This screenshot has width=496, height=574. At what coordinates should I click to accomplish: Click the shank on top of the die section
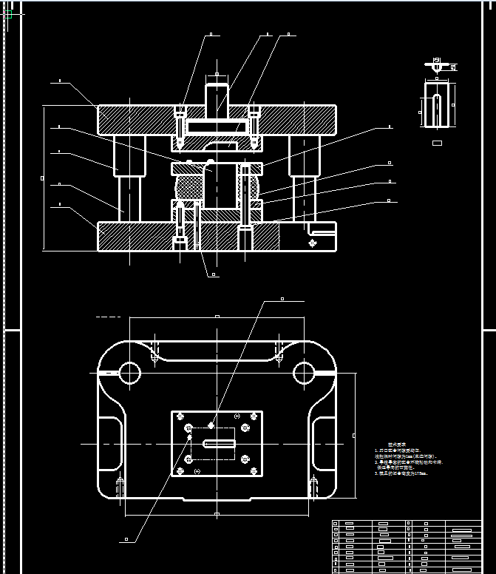tap(216, 96)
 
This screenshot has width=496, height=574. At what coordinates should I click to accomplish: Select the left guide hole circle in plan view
tap(129, 372)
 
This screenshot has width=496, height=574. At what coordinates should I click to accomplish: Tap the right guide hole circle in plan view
tap(304, 372)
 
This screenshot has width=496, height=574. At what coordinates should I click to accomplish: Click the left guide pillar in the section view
tap(128, 178)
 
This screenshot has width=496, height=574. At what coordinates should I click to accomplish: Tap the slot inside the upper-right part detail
tap(436, 109)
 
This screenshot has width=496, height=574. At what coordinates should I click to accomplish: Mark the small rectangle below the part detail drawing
tap(436, 143)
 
